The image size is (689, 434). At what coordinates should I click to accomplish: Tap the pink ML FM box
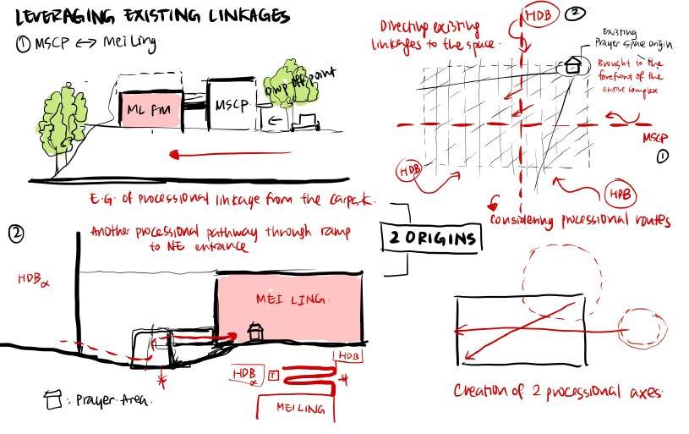[150, 109]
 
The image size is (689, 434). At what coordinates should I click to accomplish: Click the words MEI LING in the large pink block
[290, 299]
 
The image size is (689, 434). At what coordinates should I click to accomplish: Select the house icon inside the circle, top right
[573, 64]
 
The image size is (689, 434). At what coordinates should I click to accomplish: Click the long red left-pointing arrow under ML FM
[228, 155]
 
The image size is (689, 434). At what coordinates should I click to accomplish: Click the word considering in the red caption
[530, 221]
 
